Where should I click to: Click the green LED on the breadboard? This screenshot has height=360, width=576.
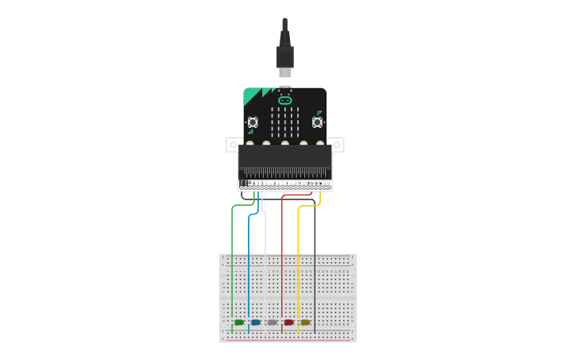(x=239, y=323)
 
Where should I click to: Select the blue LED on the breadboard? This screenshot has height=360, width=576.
(x=256, y=323)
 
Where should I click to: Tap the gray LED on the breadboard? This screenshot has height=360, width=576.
(x=273, y=323)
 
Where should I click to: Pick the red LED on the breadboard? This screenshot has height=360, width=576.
(x=289, y=323)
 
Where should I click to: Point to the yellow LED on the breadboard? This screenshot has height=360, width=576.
(x=305, y=323)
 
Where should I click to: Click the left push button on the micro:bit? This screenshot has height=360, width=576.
(x=253, y=122)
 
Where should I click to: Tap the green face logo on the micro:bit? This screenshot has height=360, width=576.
(x=285, y=100)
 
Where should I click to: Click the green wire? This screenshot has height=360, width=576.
(x=232, y=254)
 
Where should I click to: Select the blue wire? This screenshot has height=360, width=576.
(x=249, y=254)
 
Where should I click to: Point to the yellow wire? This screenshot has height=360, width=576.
(x=298, y=254)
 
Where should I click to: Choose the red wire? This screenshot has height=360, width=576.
(x=282, y=254)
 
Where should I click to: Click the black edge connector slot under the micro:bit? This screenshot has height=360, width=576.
(x=285, y=170)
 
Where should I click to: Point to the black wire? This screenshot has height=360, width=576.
(x=315, y=254)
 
